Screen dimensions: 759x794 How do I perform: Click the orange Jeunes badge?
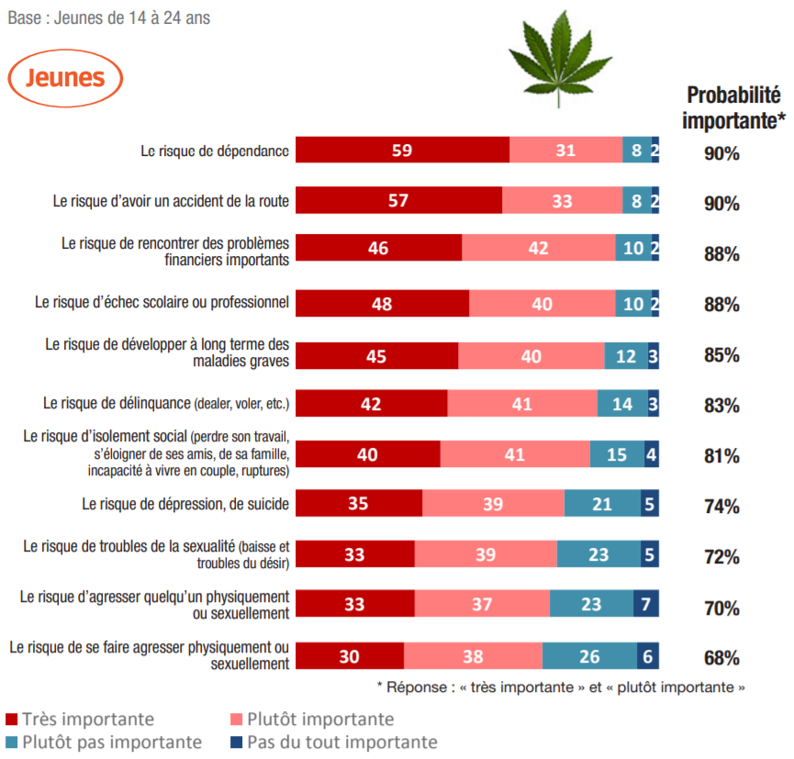(65, 78)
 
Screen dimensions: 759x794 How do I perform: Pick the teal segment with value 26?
(590, 657)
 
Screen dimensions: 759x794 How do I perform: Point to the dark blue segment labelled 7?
(646, 606)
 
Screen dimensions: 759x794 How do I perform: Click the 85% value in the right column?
(721, 355)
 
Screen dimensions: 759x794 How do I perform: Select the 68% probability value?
(721, 658)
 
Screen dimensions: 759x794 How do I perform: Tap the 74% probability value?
(721, 507)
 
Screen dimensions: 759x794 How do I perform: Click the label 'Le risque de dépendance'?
(216, 151)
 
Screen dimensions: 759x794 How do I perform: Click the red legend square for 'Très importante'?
(11, 720)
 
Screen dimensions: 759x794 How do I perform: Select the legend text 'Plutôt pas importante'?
(112, 742)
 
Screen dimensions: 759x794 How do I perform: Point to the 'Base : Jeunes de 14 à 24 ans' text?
(108, 17)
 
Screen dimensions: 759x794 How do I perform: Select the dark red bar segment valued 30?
(350, 657)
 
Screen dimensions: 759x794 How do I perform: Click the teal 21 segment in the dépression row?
(602, 505)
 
